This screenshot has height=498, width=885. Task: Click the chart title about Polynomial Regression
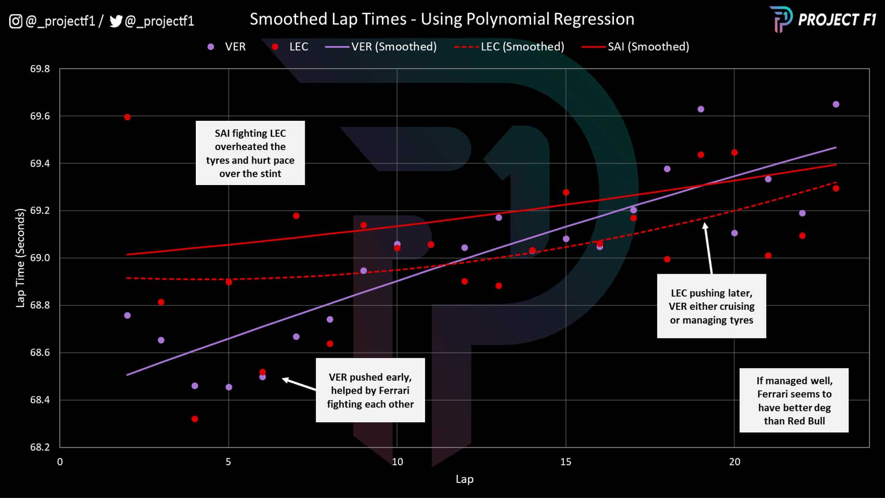click(442, 19)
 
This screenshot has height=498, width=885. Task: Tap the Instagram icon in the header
click(16, 21)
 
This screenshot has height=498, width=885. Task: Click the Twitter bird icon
click(116, 21)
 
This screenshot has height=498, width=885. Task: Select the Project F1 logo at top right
click(823, 19)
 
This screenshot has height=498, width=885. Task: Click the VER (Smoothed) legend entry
click(381, 47)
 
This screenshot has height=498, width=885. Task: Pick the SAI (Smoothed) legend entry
click(636, 47)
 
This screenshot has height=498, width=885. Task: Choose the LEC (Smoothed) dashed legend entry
click(509, 47)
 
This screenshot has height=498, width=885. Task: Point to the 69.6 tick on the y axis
click(40, 116)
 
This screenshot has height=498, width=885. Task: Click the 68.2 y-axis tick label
click(40, 447)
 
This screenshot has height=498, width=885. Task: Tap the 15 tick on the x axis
click(566, 462)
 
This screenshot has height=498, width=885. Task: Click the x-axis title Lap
click(464, 479)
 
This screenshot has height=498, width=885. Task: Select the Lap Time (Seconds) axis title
click(20, 258)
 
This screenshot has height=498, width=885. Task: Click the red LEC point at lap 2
click(127, 117)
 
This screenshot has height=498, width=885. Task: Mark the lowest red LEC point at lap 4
click(194, 419)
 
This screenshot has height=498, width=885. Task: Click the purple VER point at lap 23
click(836, 104)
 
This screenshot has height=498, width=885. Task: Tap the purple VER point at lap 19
click(701, 109)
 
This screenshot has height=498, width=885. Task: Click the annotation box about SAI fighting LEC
click(250, 153)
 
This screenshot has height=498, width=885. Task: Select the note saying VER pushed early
click(370, 390)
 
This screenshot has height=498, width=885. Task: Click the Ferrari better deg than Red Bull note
click(794, 400)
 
